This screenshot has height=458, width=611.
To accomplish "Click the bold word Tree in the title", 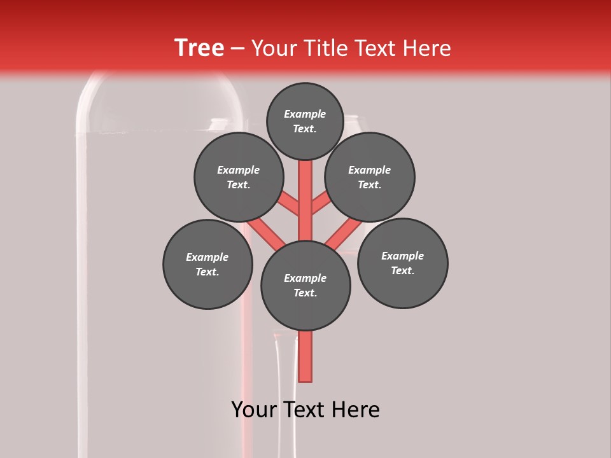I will pos(199,48).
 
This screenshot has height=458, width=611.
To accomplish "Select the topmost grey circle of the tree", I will pos(305,121).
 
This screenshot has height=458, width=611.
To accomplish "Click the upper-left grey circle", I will pos(239,177).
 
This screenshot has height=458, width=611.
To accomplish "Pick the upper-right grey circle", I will pos(370,177).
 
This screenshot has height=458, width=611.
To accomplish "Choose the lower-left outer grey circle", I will pos(207,264).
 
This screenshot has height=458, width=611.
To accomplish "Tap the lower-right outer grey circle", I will pos(403,263).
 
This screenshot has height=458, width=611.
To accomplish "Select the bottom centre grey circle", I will pos(305,286).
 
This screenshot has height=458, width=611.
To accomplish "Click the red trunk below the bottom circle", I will pos(305,356).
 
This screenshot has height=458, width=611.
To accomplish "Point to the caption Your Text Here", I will pos(305,410).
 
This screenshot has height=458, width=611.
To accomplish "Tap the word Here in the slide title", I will pos(426,48).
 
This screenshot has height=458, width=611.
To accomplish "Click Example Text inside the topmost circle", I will pos(305,121).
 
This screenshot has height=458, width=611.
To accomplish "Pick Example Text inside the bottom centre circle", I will pos(305,286).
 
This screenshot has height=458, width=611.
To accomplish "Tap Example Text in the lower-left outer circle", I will pos(207,264).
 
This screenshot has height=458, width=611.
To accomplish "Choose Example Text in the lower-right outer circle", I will pos(402,263).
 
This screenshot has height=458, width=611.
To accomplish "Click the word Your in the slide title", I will pos(274,48).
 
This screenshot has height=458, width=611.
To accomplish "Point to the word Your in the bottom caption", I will pos(254,410).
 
